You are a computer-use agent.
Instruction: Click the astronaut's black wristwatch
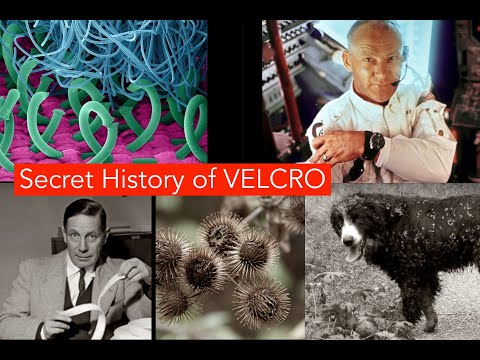point(374,142)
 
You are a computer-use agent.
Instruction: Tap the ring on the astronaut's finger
point(327,156)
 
